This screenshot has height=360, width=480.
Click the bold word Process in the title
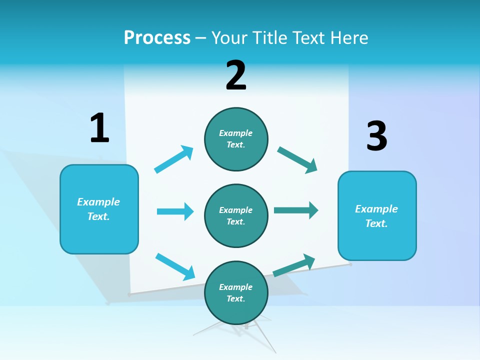pos(157,37)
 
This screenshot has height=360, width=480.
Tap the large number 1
pos(99,128)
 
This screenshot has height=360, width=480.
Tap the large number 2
pos(236,75)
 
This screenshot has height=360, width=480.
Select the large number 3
pos(376,136)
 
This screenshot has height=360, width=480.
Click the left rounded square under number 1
pos(99,209)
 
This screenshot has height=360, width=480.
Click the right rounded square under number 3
pos(377,216)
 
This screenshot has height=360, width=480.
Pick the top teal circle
pos(236,139)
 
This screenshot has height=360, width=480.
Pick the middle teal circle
pos(236,215)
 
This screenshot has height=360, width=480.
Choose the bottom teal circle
pos(236,292)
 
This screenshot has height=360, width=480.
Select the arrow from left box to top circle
pos(174,159)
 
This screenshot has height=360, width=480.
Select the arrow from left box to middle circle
pos(175,211)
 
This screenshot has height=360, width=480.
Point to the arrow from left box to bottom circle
pos(175,266)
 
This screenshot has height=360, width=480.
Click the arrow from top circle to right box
pos(297,160)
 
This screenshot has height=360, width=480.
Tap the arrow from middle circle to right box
pos(296,210)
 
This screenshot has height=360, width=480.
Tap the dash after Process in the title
pos(201,38)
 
